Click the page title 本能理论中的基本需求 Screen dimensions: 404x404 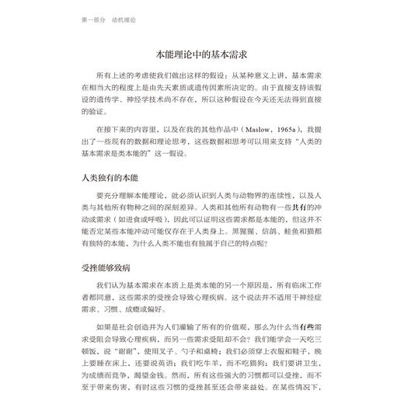[x=201, y=56]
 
